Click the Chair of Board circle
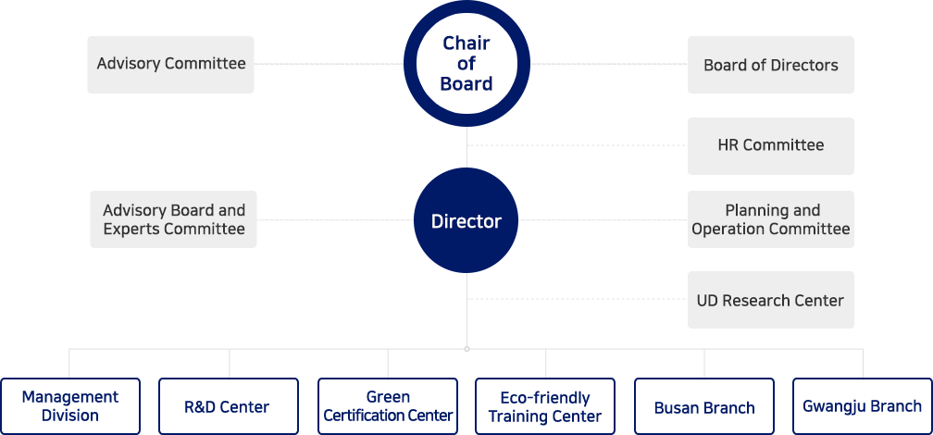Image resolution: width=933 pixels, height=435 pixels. click(466, 64)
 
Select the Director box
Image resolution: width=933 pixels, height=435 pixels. click(466, 220)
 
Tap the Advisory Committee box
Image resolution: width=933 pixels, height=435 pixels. click(170, 65)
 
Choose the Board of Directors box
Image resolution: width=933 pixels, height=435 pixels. click(771, 65)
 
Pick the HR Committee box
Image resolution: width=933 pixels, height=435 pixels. click(771, 145)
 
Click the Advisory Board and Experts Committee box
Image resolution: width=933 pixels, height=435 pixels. click(173, 219)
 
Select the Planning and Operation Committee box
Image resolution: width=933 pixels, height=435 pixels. click(771, 219)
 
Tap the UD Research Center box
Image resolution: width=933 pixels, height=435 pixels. click(771, 300)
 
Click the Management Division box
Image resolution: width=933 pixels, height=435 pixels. click(70, 405)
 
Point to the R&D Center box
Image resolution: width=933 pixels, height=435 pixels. click(229, 405)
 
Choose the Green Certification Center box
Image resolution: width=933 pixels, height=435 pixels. click(388, 405)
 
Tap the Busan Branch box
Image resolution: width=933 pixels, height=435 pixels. click(704, 405)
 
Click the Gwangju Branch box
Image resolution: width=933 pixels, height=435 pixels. click(863, 405)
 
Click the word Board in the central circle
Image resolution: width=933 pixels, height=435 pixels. click(466, 84)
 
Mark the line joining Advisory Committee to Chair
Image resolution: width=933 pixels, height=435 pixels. click(329, 64)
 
